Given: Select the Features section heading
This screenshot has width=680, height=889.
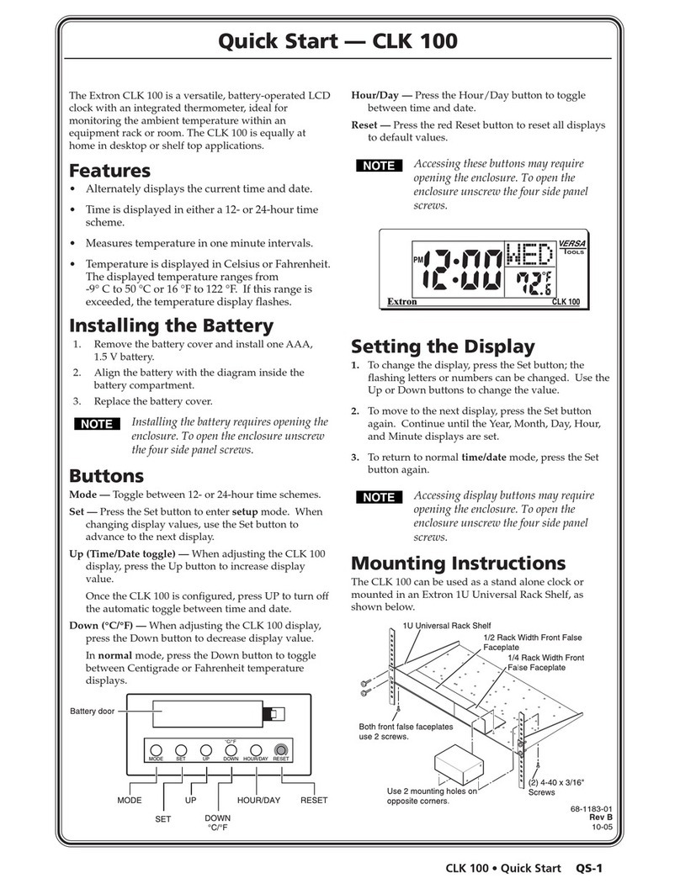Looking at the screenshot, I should tap(109, 172).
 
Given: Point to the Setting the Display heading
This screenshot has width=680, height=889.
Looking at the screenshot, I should tap(442, 346).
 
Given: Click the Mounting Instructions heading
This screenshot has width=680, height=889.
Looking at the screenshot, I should tap(458, 563).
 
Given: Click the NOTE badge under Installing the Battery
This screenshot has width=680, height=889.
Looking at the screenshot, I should tap(97, 424).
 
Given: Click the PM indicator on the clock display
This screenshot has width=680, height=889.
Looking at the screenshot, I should tap(418, 259).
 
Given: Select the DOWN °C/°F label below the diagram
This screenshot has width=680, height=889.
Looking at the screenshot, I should tap(217, 822).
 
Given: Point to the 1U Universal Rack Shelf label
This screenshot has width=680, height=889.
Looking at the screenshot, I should tap(446, 627).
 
